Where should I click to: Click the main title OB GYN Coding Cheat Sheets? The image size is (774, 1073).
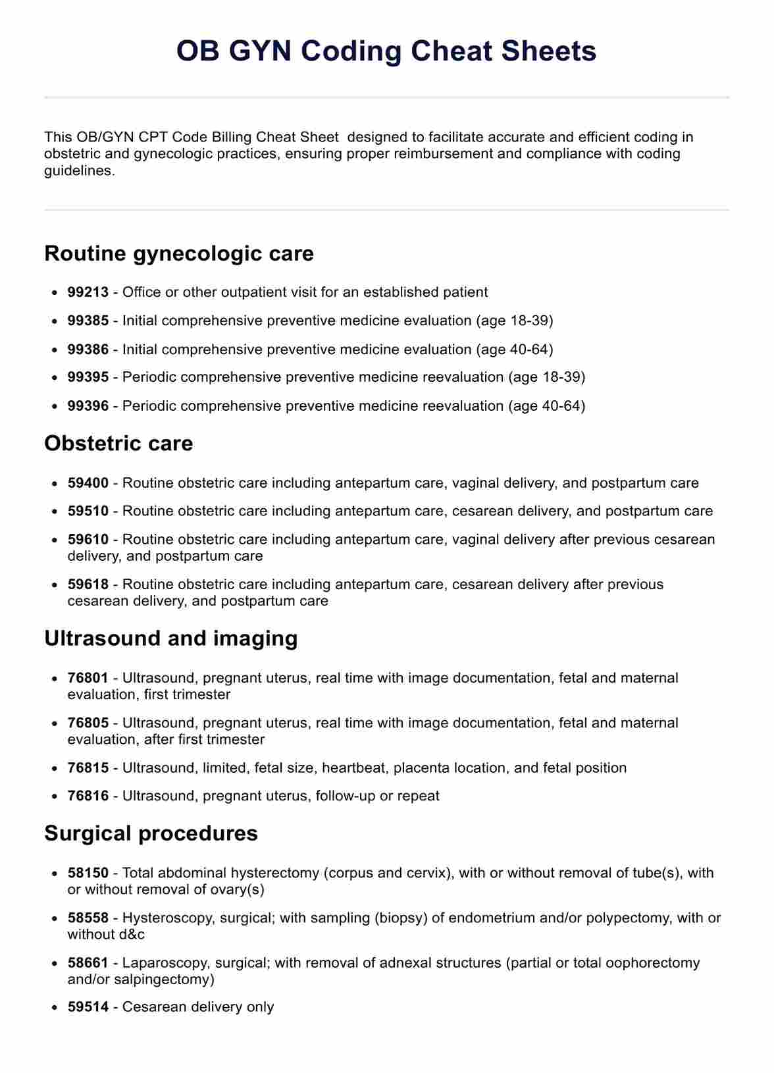click(386, 51)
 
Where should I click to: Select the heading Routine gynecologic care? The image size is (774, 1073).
click(179, 253)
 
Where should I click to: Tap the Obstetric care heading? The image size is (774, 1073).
click(118, 443)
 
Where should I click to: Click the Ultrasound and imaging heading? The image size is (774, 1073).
click(171, 638)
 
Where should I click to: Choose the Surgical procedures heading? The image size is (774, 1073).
click(151, 833)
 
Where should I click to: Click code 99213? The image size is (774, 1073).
click(88, 292)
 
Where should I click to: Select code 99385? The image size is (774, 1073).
click(88, 321)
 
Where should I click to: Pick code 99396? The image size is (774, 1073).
click(88, 406)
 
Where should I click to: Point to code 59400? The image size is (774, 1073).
click(88, 483)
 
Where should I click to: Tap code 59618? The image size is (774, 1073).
click(88, 585)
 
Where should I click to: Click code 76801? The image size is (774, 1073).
click(88, 678)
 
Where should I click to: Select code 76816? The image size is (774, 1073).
click(88, 796)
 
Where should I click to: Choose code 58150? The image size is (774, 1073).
click(88, 873)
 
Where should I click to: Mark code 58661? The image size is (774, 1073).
click(88, 963)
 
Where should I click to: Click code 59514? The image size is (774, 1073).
click(88, 1007)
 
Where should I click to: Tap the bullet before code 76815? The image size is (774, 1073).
click(55, 768)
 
